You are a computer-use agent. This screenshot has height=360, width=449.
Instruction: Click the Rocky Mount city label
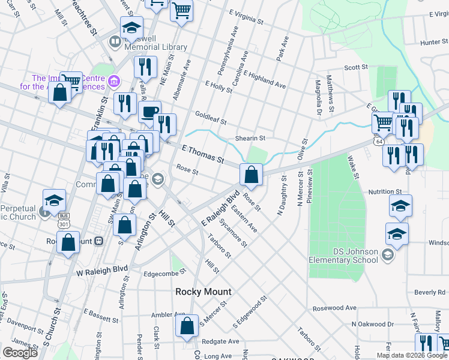(203, 292)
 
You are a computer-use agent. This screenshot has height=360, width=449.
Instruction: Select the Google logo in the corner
(20, 352)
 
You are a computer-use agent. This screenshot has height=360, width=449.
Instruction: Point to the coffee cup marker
(149, 111)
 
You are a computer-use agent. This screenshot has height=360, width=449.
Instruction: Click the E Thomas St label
(202, 154)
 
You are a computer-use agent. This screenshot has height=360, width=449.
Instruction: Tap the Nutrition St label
(385, 191)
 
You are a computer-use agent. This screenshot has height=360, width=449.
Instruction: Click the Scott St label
(355, 68)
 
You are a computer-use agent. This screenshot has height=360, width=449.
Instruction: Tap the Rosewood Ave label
(334, 308)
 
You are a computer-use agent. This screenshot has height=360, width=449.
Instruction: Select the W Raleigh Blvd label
(103, 271)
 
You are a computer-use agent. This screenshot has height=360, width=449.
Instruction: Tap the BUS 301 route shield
(64, 223)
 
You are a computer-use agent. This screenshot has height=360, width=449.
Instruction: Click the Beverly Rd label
(429, 292)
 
